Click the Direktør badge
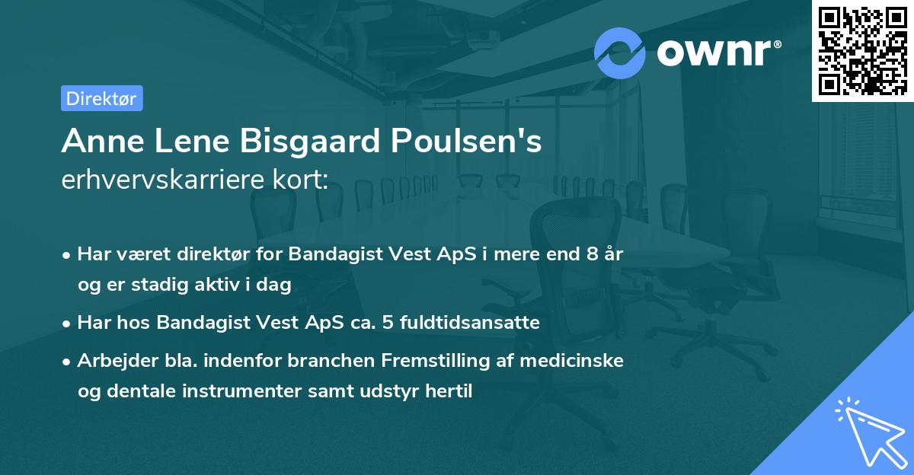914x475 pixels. pyautogui.click(x=101, y=98)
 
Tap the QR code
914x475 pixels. pyautogui.click(x=862, y=50)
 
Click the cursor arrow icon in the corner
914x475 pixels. pyautogui.click(x=869, y=432)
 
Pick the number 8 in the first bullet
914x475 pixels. pyautogui.click(x=590, y=254)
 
